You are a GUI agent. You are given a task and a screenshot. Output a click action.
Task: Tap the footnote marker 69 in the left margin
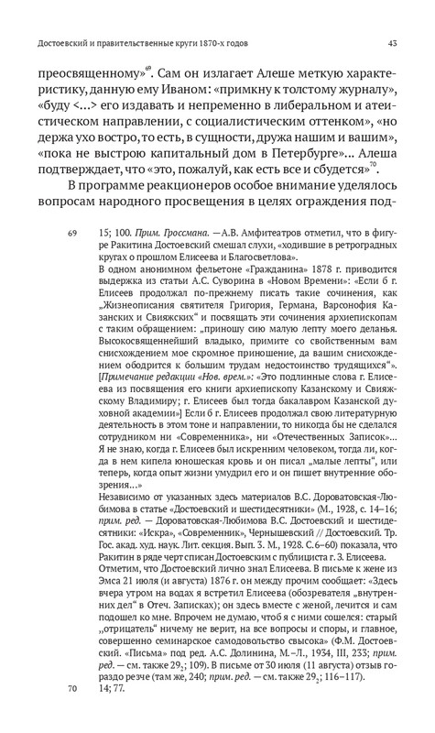click(71, 235)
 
